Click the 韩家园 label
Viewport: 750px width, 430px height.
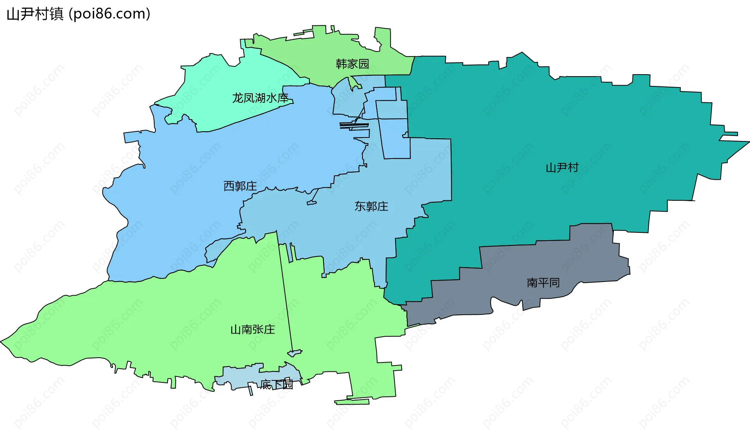(352, 64)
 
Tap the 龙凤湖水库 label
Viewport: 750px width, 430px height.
(260, 98)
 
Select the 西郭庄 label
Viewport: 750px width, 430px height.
(240, 186)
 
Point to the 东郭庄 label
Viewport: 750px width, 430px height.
(371, 206)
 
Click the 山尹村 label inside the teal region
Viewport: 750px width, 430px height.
(562, 168)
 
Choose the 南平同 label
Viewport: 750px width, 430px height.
(543, 282)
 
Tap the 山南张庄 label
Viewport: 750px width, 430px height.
(252, 329)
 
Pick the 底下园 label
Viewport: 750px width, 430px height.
(277, 385)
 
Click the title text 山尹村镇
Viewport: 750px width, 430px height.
(35, 14)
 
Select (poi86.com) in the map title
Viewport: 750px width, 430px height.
(109, 14)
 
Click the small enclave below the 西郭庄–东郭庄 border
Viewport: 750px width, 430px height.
(312, 203)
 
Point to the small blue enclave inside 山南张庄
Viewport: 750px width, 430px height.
(295, 353)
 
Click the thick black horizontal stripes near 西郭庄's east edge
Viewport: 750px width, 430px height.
(354, 125)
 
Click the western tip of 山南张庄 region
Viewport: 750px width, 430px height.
(3, 342)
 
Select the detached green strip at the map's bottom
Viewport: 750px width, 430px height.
(352, 401)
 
